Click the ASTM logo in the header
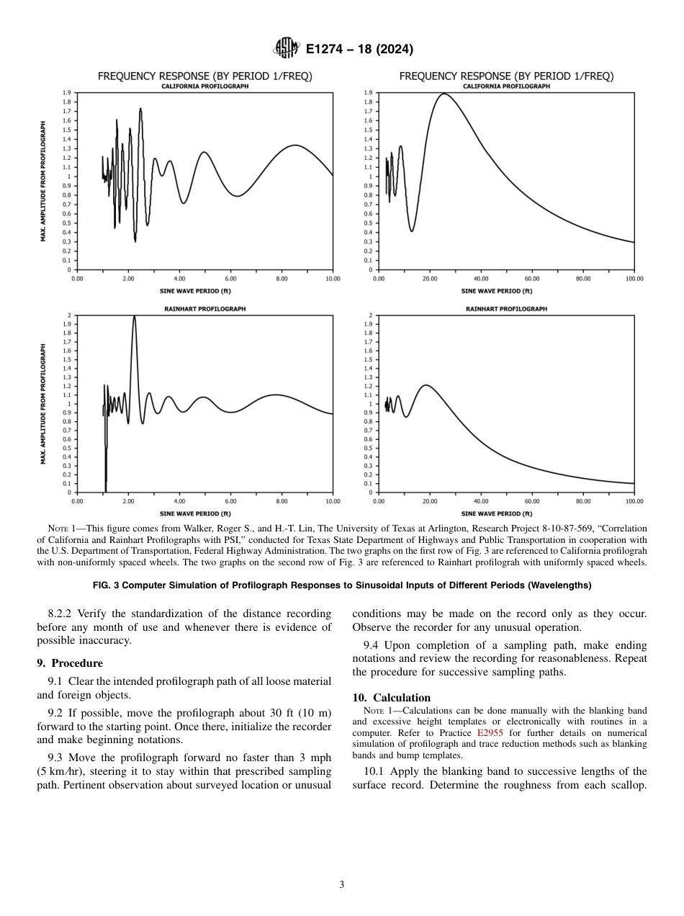(287, 49)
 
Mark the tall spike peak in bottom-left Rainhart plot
(134, 316)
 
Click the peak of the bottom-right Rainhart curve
(426, 385)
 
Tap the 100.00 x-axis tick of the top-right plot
(634, 278)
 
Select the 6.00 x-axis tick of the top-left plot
(230, 278)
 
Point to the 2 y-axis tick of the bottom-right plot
(370, 315)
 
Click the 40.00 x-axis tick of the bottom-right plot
(480, 500)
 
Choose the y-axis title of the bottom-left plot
(43, 404)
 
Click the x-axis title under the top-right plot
(497, 291)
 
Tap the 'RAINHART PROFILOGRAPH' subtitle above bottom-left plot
(204, 308)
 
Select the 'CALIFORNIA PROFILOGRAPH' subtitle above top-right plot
(506, 86)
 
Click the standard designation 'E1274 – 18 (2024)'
(359, 50)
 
